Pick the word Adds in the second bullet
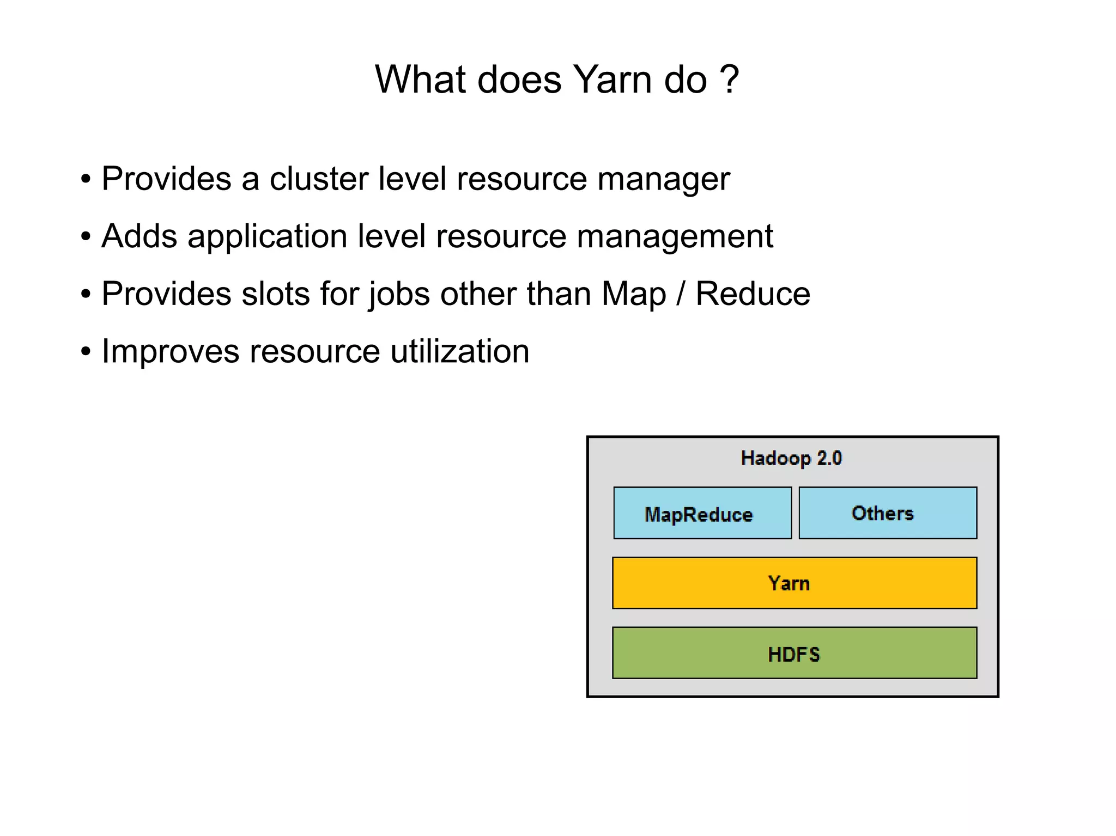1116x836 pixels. tap(139, 236)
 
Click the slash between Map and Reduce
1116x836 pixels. tap(680, 294)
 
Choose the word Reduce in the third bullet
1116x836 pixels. tap(753, 294)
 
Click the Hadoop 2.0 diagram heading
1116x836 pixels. tap(791, 459)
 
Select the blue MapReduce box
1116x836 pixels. tap(702, 513)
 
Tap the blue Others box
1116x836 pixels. tap(887, 513)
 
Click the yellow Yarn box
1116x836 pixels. tap(794, 583)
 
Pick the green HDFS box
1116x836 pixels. tap(794, 653)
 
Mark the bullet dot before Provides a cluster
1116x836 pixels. tap(86, 180)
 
